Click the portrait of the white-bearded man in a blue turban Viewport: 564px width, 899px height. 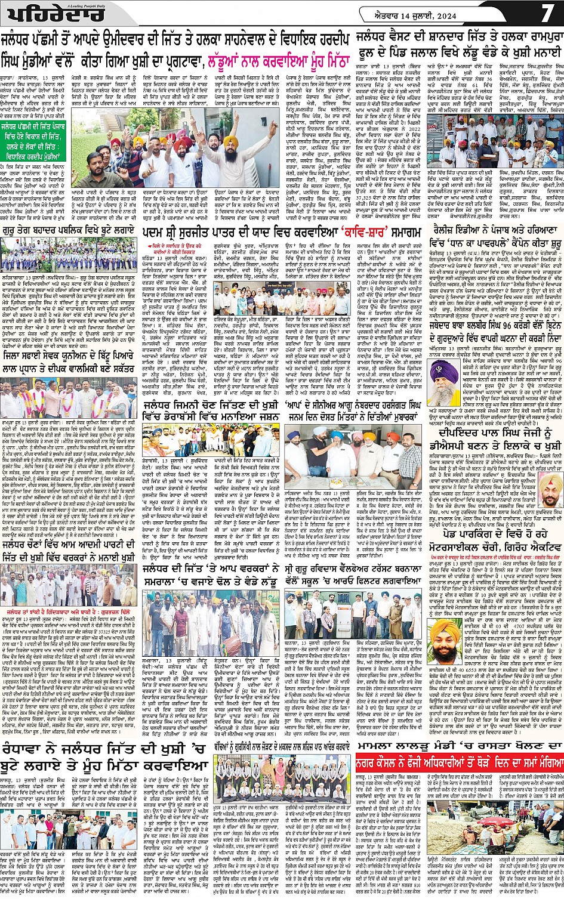[x=443, y=375]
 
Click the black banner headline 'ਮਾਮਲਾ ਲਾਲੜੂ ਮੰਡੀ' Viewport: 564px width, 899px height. [x=459, y=746]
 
